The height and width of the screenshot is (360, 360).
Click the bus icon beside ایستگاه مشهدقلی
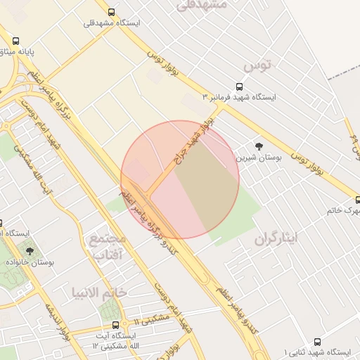(x=111, y=12)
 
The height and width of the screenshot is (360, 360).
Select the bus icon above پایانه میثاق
(x=15, y=41)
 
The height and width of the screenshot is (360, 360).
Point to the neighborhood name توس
(x=257, y=66)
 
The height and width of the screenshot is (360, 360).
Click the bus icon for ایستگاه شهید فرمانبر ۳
(x=240, y=87)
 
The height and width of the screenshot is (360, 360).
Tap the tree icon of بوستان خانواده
(x=30, y=250)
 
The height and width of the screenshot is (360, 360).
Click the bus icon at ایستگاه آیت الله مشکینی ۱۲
(x=116, y=325)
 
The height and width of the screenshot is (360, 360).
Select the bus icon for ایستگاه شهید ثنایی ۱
(x=317, y=342)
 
